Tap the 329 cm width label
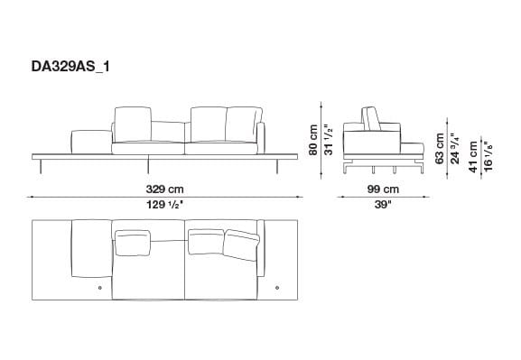[x=165, y=189]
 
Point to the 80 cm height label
[x=315, y=140]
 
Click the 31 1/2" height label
[x=330, y=140]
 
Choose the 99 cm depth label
[x=384, y=189]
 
